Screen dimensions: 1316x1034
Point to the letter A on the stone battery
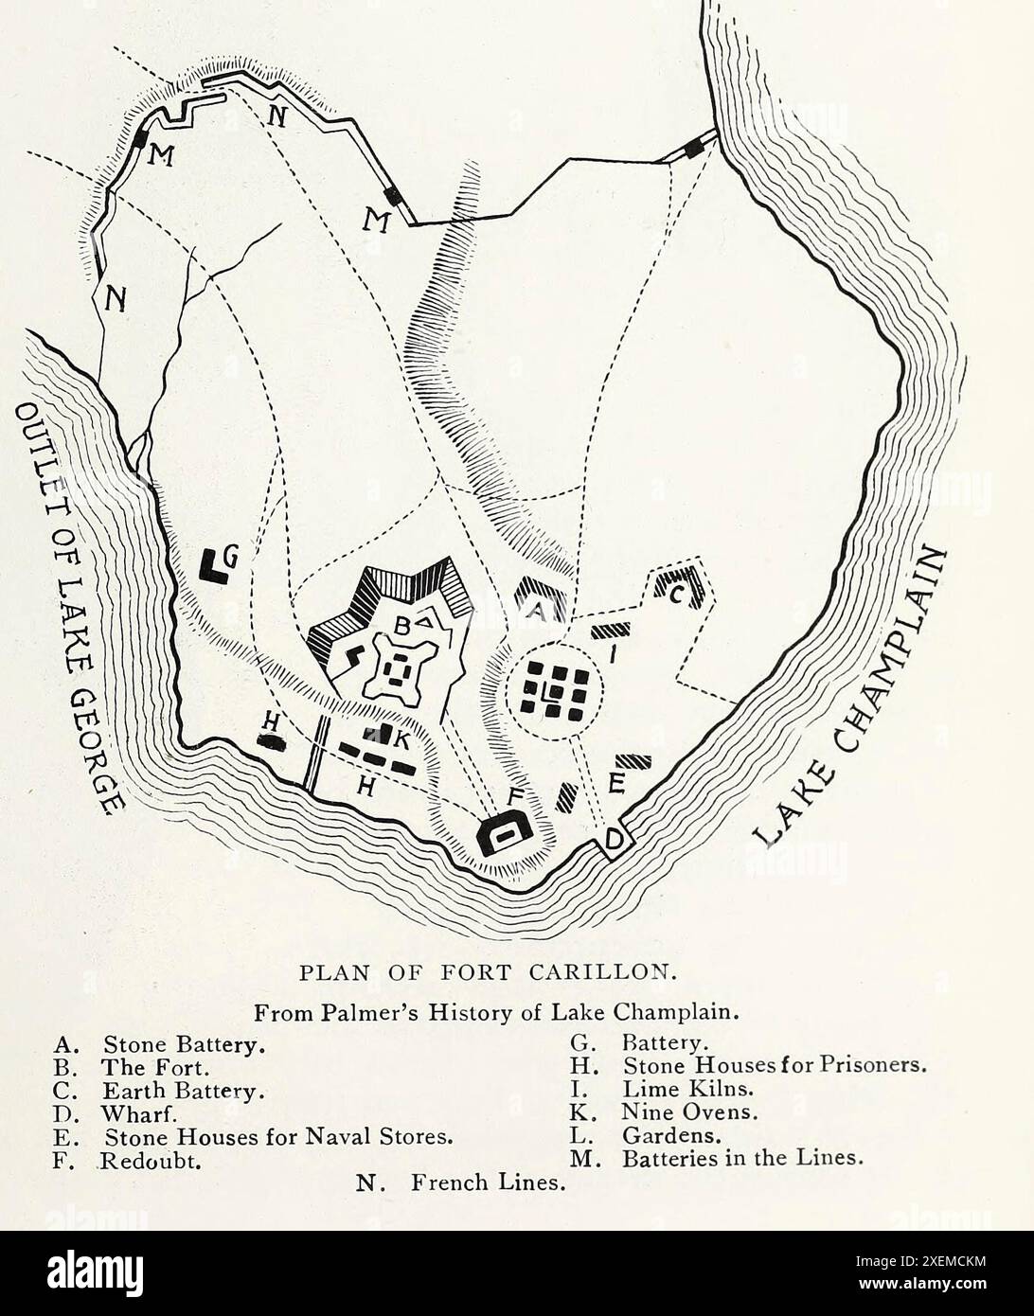536,612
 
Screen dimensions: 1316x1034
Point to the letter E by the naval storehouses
616,782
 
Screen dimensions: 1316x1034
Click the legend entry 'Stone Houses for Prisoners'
774,1066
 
